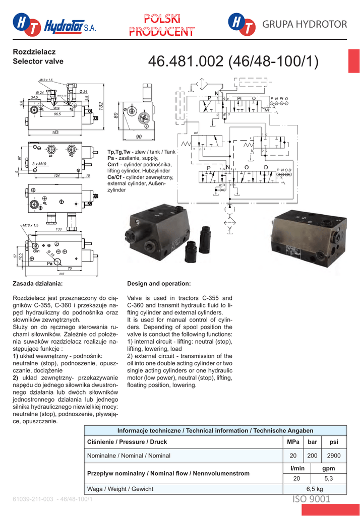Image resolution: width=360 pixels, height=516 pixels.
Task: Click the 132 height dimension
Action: tap(101, 107)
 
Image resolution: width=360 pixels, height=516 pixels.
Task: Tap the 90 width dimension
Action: tap(139, 137)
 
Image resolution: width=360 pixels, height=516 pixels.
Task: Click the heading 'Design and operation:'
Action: tap(159, 284)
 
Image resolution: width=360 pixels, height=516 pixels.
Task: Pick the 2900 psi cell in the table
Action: tap(334, 456)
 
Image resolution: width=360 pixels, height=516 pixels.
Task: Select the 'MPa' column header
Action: tap(292, 442)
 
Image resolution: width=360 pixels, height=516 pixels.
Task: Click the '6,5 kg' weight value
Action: tap(315, 489)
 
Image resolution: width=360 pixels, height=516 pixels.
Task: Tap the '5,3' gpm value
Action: tap(328, 478)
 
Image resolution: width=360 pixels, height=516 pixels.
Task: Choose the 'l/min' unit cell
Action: tap(297, 469)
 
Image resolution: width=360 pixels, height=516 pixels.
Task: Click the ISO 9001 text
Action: tap(312, 499)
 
